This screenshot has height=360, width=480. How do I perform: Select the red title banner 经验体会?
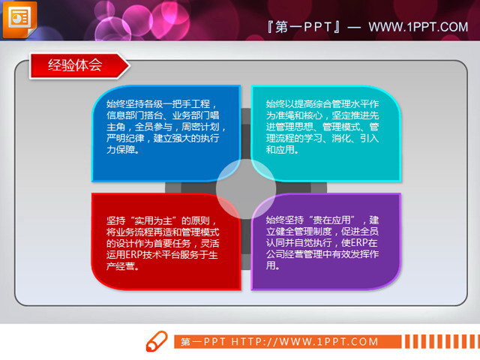tap(75, 65)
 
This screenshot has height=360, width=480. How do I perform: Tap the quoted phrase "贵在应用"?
tap(334, 220)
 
